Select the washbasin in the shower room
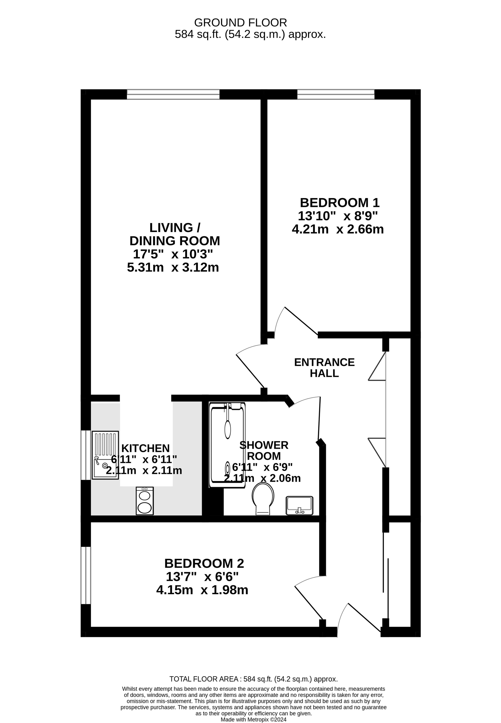coord(300,505)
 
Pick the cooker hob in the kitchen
coord(145,501)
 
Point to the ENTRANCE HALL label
coord(324,367)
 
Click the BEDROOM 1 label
coord(340,203)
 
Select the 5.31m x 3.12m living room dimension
coord(173,267)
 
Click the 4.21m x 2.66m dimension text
coord(338,229)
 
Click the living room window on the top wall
coord(173,94)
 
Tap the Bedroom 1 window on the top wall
coord(336,94)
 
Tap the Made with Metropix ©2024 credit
coord(254,717)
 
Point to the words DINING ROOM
coord(175,241)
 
